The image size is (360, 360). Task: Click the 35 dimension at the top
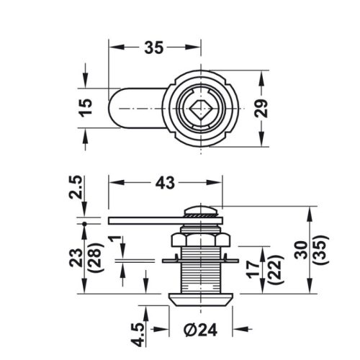[x=153, y=48]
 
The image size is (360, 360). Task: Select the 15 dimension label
[x=86, y=108]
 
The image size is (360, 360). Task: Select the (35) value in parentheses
[x=323, y=250]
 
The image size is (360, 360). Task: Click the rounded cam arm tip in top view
[x=115, y=109]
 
